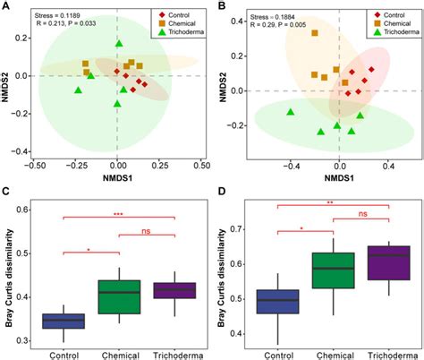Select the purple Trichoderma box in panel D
click(x=388, y=262)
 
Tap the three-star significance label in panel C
click(x=118, y=213)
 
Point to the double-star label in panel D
click(x=332, y=202)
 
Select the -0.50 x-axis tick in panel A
click(x=35, y=167)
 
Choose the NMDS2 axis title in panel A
click(x=8, y=83)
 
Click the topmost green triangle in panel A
click(x=118, y=44)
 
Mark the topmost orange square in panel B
click(x=314, y=33)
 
